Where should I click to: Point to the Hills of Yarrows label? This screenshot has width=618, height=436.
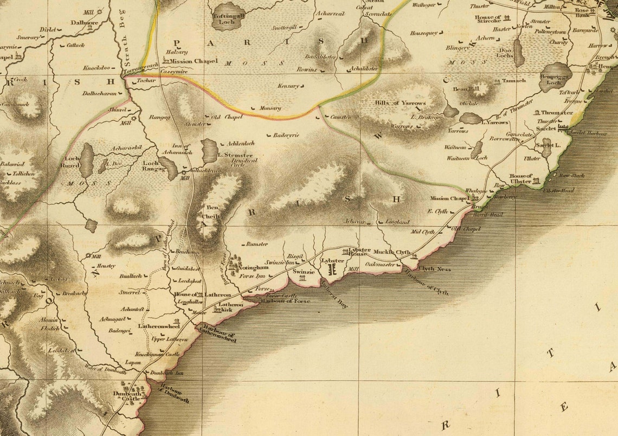pos(400,102)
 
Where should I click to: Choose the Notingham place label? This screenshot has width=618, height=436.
pos(254,267)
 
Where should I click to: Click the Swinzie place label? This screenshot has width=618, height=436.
pos(303,271)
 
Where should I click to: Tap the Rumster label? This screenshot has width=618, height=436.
pos(256,244)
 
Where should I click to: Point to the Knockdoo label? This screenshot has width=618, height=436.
pos(96,68)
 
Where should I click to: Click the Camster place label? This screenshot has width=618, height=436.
pos(340,117)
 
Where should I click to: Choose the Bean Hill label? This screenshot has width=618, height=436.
pos(467,88)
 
